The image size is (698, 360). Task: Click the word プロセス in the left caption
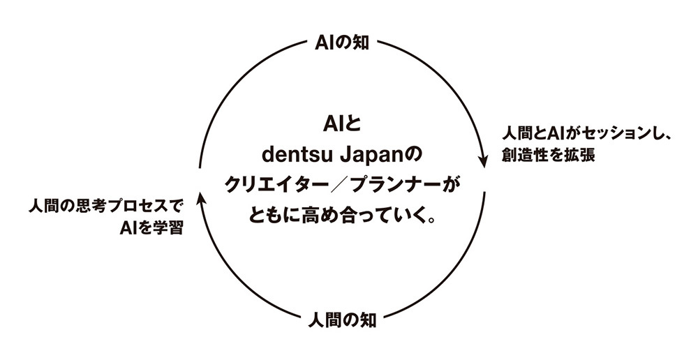134,207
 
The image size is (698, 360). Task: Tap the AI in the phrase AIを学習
128,228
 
